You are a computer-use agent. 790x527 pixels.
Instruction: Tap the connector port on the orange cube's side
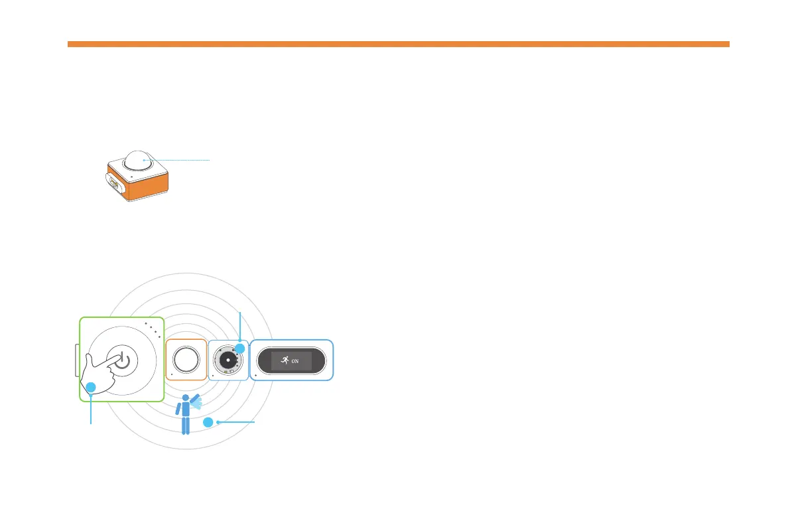(x=114, y=183)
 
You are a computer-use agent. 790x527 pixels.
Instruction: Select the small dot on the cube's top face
(x=132, y=176)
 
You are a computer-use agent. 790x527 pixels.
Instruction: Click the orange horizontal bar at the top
(x=398, y=44)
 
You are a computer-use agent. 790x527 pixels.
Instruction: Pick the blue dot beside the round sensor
(x=240, y=348)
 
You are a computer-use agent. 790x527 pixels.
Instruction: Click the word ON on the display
(x=296, y=362)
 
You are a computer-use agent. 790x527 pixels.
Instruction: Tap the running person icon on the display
(x=284, y=361)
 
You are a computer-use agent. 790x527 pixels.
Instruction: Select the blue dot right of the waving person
(x=208, y=422)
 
